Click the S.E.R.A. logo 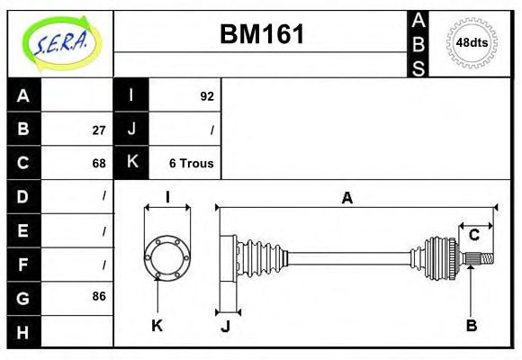[60, 41]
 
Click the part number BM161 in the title [262, 35]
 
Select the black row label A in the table [23, 95]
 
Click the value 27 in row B [99, 130]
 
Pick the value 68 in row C [99, 163]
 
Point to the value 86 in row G [99, 296]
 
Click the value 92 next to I [207, 95]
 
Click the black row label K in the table [131, 163]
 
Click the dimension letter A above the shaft [346, 198]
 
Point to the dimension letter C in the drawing [473, 236]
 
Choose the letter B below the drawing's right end [471, 325]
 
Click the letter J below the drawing [225, 326]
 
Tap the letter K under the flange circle [157, 325]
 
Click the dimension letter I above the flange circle [167, 197]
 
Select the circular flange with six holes [167, 256]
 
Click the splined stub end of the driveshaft [482, 259]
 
